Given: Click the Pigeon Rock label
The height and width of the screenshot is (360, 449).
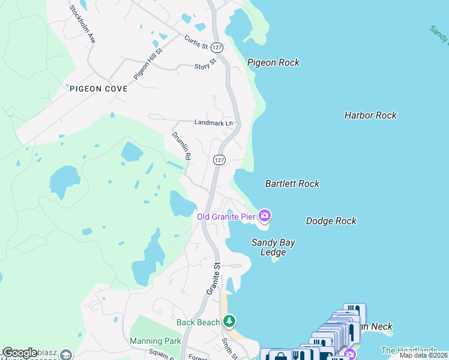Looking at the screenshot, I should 273,62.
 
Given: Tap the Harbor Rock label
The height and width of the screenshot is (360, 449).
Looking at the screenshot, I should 370,115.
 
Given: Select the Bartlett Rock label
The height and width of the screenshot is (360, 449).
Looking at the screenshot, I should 292,184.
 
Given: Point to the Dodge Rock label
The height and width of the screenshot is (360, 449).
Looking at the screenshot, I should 331,221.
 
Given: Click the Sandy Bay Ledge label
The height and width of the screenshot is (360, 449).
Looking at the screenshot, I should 273,247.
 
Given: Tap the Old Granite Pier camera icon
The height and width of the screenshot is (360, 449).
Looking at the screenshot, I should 265,215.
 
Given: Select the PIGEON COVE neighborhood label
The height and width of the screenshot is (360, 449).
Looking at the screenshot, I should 98,89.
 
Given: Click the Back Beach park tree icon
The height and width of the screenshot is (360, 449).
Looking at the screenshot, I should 229,322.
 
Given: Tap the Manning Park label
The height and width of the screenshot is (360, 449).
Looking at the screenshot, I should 155,341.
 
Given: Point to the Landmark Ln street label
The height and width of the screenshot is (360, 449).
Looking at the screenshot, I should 213,122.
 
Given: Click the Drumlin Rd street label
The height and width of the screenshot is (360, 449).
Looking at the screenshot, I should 182,146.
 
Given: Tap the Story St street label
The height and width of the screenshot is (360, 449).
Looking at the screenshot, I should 205,65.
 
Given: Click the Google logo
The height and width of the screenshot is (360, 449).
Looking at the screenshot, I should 20,352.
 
